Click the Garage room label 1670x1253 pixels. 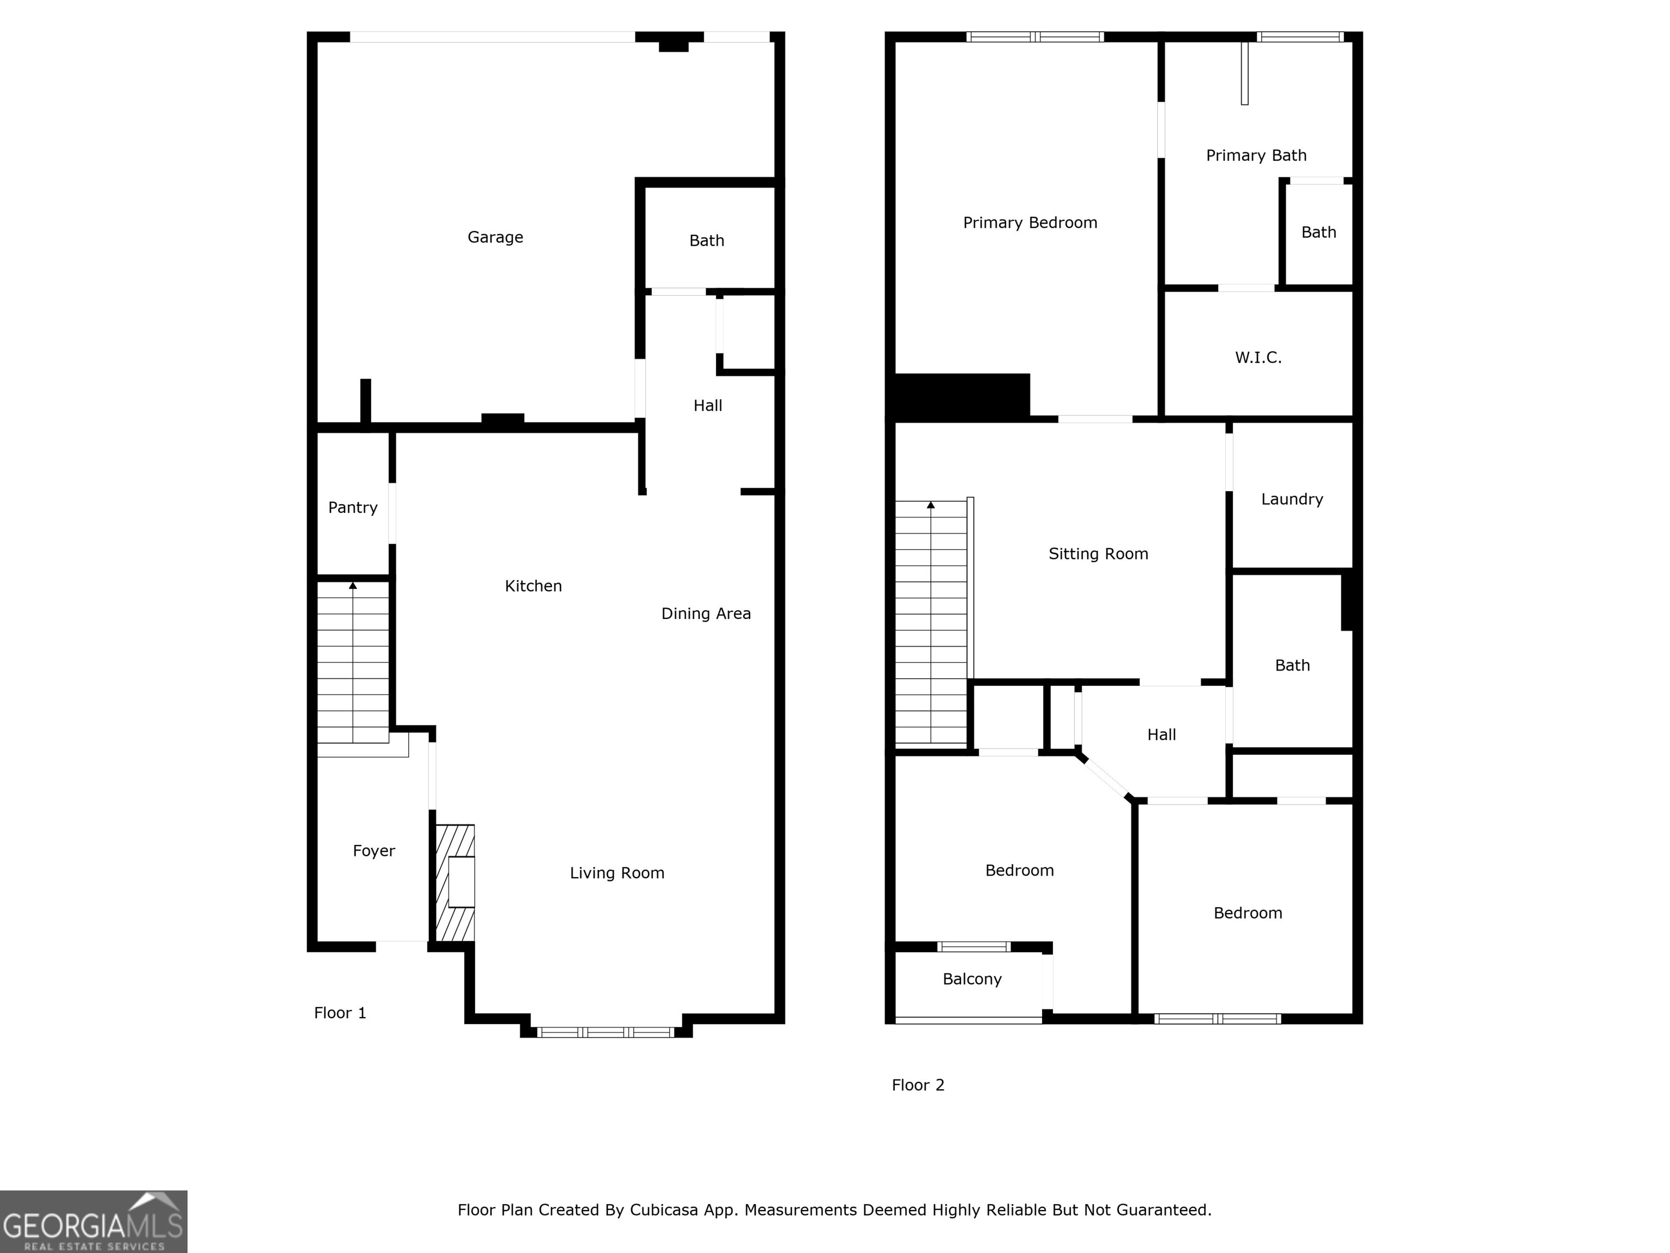tap(495, 237)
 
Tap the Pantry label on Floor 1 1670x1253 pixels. tap(353, 507)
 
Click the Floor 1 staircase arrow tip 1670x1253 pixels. tap(353, 585)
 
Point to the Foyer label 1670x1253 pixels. tap(373, 851)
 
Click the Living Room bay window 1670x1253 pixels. tap(606, 1032)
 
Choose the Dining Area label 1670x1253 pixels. tap(706, 613)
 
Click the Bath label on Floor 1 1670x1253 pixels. tap(707, 240)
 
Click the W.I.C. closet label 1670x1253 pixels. tap(1258, 357)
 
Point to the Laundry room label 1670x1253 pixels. tap(1292, 499)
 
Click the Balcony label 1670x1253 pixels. tap(971, 979)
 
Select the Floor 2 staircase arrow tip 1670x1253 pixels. tap(931, 505)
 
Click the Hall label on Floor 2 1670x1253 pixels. tap(1161, 734)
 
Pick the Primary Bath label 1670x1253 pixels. tap(1256, 156)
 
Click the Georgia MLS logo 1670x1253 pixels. tap(94, 1221)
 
